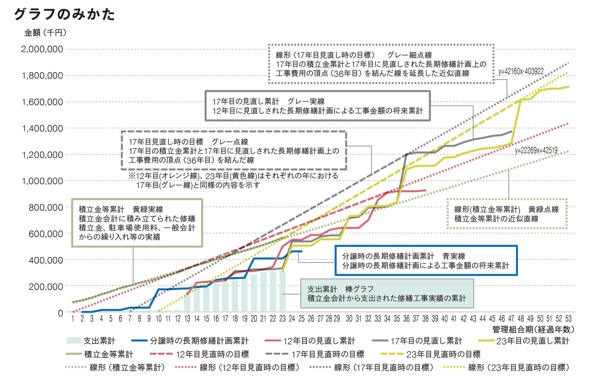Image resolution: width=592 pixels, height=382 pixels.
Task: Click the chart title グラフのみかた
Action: (64, 14)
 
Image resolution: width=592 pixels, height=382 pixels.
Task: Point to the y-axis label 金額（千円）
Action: (45, 33)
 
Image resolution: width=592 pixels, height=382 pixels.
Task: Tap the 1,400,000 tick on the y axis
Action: (42, 128)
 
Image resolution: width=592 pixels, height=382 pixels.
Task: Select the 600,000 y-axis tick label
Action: (46, 234)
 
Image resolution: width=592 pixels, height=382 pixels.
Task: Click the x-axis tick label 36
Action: (406, 319)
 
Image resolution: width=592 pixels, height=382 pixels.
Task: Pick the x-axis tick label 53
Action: (568, 319)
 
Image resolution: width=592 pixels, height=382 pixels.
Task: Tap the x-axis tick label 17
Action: (225, 319)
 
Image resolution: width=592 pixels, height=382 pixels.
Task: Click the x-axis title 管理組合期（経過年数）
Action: (533, 330)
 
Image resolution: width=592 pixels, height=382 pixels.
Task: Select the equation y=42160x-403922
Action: (521, 72)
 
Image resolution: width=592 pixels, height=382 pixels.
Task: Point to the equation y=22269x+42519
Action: (536, 151)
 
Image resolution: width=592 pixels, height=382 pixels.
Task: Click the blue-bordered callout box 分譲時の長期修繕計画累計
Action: (426, 260)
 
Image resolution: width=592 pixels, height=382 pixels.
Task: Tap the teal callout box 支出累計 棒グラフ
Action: (387, 293)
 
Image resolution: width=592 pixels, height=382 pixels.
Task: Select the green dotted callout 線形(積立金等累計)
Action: (507, 214)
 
